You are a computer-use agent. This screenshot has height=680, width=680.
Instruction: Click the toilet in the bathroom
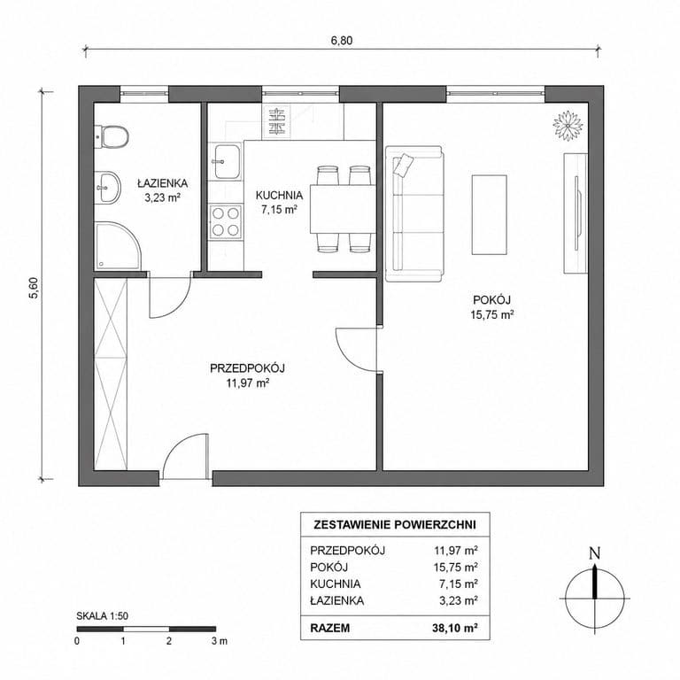click(x=112, y=137)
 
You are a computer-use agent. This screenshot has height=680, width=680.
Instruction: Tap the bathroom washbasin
click(x=107, y=188)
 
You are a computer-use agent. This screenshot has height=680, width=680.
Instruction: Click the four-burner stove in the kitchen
click(x=226, y=221)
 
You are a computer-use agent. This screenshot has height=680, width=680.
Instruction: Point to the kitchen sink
click(x=227, y=161)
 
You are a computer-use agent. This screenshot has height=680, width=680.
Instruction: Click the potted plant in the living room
click(x=568, y=126)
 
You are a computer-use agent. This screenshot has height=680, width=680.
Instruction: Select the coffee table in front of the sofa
click(x=489, y=214)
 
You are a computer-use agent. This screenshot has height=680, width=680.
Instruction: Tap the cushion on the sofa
click(x=404, y=165)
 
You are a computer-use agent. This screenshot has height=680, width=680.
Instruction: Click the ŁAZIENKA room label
click(x=163, y=183)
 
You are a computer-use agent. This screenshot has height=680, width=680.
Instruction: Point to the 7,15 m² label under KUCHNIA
click(x=279, y=210)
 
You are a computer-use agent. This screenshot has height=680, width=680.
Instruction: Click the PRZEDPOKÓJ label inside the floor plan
click(x=247, y=368)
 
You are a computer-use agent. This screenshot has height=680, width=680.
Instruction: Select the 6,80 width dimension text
click(x=342, y=41)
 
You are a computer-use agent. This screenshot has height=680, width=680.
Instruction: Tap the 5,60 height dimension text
click(x=34, y=288)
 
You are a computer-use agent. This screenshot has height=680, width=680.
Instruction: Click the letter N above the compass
click(x=595, y=553)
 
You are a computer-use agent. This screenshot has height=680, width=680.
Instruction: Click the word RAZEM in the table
click(x=330, y=628)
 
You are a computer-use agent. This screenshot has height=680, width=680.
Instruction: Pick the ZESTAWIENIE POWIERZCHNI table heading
click(x=395, y=525)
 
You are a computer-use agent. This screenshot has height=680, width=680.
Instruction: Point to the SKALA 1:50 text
click(x=103, y=616)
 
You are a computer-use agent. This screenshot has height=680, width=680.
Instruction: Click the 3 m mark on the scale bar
click(x=220, y=641)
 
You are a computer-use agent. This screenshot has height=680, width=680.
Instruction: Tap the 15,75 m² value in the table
click(x=456, y=567)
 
